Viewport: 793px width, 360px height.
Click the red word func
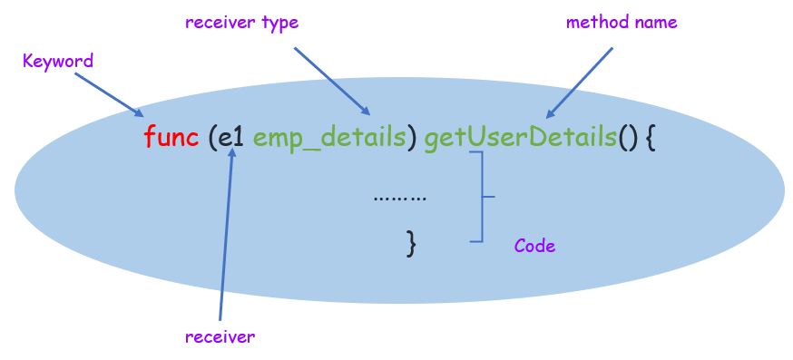[x=171, y=139]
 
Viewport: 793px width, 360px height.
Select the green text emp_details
[x=328, y=139]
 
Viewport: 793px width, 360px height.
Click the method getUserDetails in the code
[x=520, y=139]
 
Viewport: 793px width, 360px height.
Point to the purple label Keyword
[x=58, y=62]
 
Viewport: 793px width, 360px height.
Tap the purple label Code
[x=534, y=246]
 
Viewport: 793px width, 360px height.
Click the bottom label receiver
[x=220, y=337]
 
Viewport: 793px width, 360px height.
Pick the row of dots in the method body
[x=399, y=196]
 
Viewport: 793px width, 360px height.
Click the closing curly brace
[x=411, y=242]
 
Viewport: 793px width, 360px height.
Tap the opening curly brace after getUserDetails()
[x=650, y=140]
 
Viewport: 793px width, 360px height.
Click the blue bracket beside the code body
[x=480, y=196]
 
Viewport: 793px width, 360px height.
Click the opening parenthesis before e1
[x=211, y=140]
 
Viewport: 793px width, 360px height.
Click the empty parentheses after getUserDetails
[x=629, y=140]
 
